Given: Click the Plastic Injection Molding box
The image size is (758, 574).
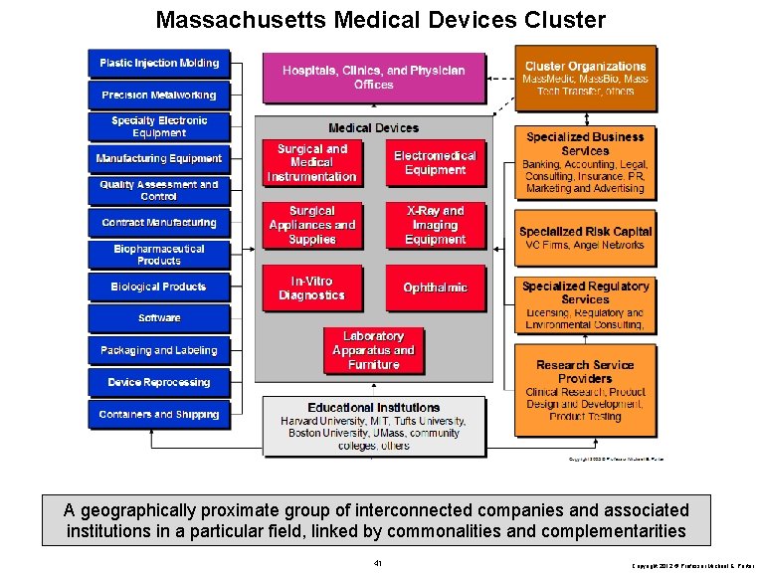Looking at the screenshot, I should pyautogui.click(x=159, y=64).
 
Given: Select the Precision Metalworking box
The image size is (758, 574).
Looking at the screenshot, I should pyautogui.click(x=159, y=96).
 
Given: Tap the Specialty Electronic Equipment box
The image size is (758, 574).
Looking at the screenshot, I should pyautogui.click(x=159, y=127).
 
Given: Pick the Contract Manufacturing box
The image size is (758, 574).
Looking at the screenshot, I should pyautogui.click(x=159, y=223).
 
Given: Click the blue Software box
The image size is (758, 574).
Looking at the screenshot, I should pyautogui.click(x=159, y=318).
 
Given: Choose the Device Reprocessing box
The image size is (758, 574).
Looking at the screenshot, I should pyautogui.click(x=159, y=382).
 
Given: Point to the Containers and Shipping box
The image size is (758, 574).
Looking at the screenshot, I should pyautogui.click(x=159, y=414).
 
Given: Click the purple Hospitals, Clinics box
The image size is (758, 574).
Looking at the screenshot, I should pyautogui.click(x=373, y=78).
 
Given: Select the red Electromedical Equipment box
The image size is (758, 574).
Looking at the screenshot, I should pyautogui.click(x=435, y=163).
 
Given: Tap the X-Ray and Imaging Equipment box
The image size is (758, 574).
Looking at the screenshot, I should pyautogui.click(x=435, y=225).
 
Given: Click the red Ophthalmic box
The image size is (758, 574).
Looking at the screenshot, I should pyautogui.click(x=435, y=287).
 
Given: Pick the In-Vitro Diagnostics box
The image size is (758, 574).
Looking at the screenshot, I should pyautogui.click(x=311, y=288).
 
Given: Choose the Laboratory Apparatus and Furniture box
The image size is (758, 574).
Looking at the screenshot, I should pyautogui.click(x=373, y=350).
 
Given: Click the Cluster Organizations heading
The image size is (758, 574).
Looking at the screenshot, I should pyautogui.click(x=585, y=66).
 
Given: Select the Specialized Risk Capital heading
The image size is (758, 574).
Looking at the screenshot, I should pyautogui.click(x=585, y=232).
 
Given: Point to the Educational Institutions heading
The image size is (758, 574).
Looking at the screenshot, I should pyautogui.click(x=373, y=408).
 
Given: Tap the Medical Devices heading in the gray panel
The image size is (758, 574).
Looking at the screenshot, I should pyautogui.click(x=373, y=128).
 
